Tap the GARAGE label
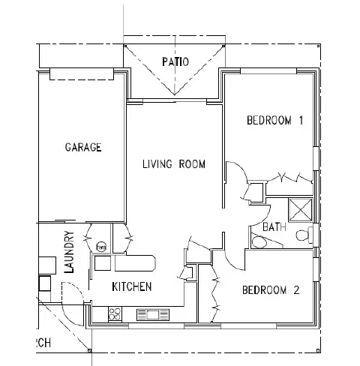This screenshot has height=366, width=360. tap(82, 148)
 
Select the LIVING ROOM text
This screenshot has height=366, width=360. tap(174, 164)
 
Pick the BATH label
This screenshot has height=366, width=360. tap(273, 226)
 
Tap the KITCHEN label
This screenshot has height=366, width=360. tap(132, 286)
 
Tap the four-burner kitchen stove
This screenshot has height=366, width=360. tap(116, 313)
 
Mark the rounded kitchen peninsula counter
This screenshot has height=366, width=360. tap(135, 263)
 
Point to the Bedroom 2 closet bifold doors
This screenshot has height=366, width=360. tap(217, 297)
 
